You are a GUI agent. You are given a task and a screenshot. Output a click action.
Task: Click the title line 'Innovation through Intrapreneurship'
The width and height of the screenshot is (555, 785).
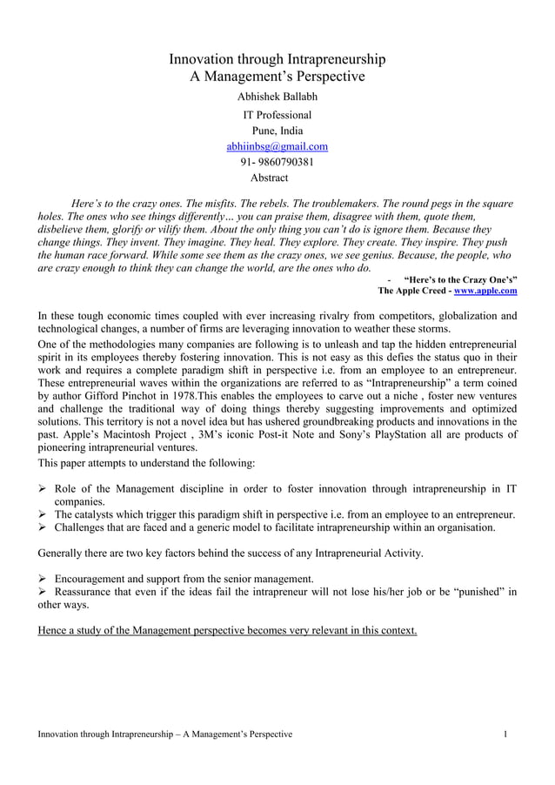click(277, 60)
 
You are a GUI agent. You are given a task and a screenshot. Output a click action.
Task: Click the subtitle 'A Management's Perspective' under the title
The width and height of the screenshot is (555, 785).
click(277, 77)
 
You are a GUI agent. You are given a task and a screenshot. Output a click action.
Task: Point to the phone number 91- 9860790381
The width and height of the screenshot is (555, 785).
click(277, 162)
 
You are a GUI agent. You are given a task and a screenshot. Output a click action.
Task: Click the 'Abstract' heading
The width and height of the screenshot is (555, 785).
click(269, 178)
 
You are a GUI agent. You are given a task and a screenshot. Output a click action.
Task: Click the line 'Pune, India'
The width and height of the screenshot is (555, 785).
click(277, 131)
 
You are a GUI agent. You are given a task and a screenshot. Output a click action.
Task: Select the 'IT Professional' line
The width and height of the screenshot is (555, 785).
click(277, 114)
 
